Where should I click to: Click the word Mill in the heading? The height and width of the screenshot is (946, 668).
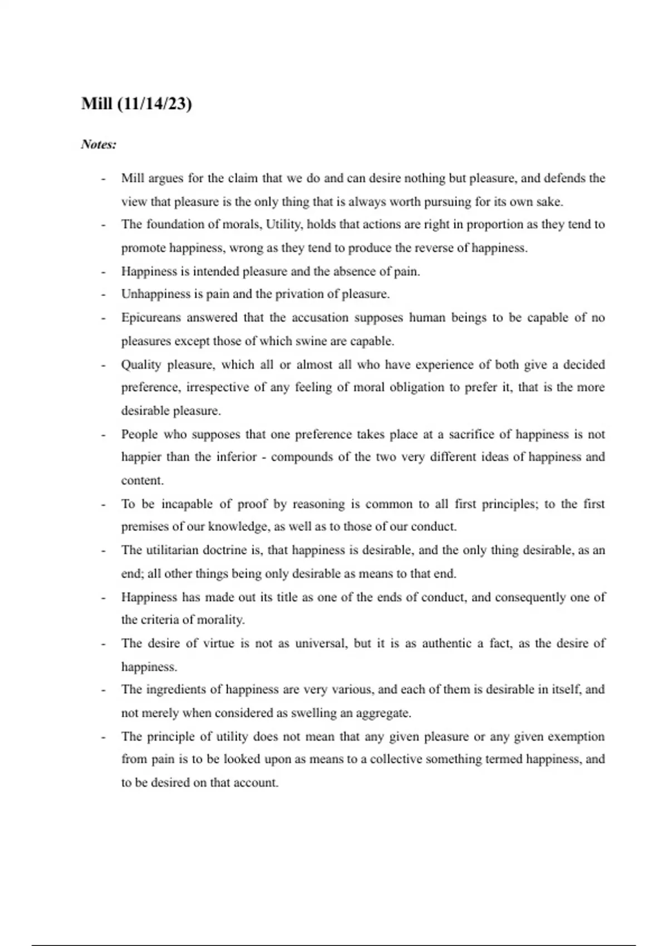97,104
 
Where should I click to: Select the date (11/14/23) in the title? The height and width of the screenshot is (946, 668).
155,104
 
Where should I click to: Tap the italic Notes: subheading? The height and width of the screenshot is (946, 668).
99,145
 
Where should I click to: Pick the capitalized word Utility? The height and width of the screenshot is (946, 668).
284,225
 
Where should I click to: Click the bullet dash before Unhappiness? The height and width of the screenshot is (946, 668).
103,294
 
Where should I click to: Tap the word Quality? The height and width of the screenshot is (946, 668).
141,365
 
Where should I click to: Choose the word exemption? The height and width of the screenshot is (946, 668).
576,737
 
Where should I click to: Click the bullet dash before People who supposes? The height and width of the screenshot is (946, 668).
103,435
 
